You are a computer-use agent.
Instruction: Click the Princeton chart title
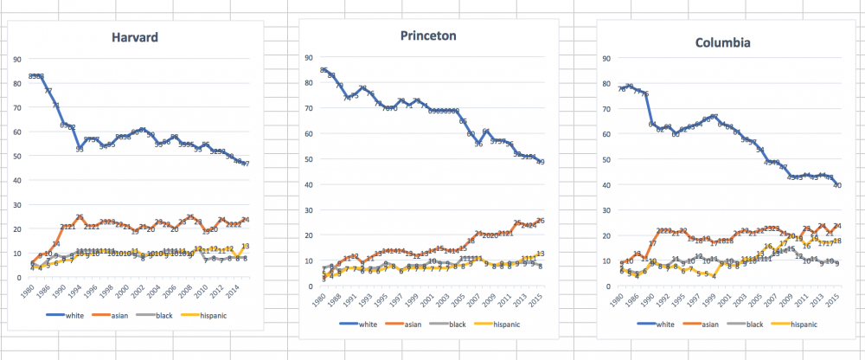pos(430,35)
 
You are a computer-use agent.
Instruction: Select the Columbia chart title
pos(725,42)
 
